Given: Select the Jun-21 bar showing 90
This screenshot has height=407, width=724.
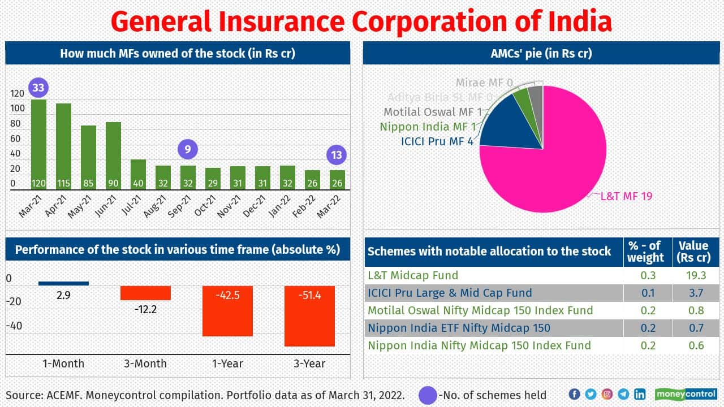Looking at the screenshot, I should [113, 155].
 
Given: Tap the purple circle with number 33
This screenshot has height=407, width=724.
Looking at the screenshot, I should [38, 88].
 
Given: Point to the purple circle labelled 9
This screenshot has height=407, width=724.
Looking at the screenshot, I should [188, 150].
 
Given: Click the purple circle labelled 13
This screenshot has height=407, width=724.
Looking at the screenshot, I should [337, 155].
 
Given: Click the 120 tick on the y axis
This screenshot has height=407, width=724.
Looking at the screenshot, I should [18, 93].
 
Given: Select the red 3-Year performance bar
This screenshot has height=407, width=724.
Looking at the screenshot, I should [309, 316].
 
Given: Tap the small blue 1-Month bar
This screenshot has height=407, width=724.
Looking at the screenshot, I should [63, 283].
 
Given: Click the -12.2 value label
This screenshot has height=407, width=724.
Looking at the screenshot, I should [145, 309].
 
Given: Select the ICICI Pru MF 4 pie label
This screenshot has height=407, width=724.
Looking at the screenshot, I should [437, 141].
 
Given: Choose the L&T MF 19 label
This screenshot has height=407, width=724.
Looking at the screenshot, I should [627, 196].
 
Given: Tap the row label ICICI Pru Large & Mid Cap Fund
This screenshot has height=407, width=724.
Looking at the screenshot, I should [450, 293].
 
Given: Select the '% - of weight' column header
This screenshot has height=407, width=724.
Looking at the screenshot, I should [645, 252].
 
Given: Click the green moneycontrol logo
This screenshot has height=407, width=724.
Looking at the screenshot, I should [686, 394].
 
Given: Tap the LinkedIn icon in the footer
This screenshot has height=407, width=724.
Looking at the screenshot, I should [640, 394].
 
